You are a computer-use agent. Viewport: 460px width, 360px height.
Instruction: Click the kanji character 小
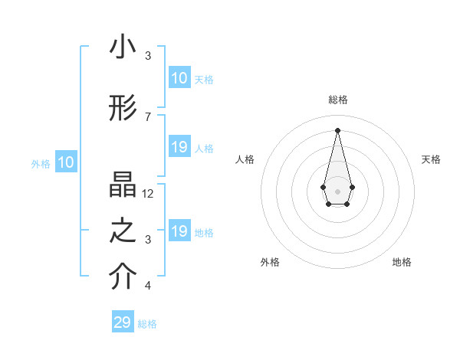[x=123, y=47]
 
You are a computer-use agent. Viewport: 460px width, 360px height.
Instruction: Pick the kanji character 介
[x=123, y=278]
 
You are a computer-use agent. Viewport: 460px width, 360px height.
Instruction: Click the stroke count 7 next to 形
[x=148, y=117]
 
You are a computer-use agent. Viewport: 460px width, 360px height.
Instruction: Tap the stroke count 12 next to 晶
[x=148, y=194]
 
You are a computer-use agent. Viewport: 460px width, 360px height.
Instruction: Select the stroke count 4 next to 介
[x=148, y=286]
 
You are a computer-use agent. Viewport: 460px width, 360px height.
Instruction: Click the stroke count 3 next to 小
[x=148, y=56]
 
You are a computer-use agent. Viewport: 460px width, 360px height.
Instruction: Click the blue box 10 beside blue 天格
[x=179, y=78]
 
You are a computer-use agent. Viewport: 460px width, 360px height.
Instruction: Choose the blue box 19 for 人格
[x=179, y=147]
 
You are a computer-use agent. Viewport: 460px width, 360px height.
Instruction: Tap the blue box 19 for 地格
[x=179, y=231]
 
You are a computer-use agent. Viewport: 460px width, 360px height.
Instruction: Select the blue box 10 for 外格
[x=66, y=162]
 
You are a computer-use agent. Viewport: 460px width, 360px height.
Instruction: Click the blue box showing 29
[x=123, y=322]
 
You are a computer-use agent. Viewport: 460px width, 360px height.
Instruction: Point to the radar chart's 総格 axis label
[x=338, y=100]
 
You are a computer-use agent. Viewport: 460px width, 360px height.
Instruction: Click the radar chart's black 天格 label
[x=431, y=159]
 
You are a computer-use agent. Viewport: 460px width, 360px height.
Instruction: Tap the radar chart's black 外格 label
[x=270, y=262]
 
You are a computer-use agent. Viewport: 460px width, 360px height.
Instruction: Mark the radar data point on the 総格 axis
[x=337, y=129]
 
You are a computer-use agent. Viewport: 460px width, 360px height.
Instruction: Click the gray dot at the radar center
[x=337, y=190]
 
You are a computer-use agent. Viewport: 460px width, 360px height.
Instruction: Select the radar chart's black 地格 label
[x=402, y=262]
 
